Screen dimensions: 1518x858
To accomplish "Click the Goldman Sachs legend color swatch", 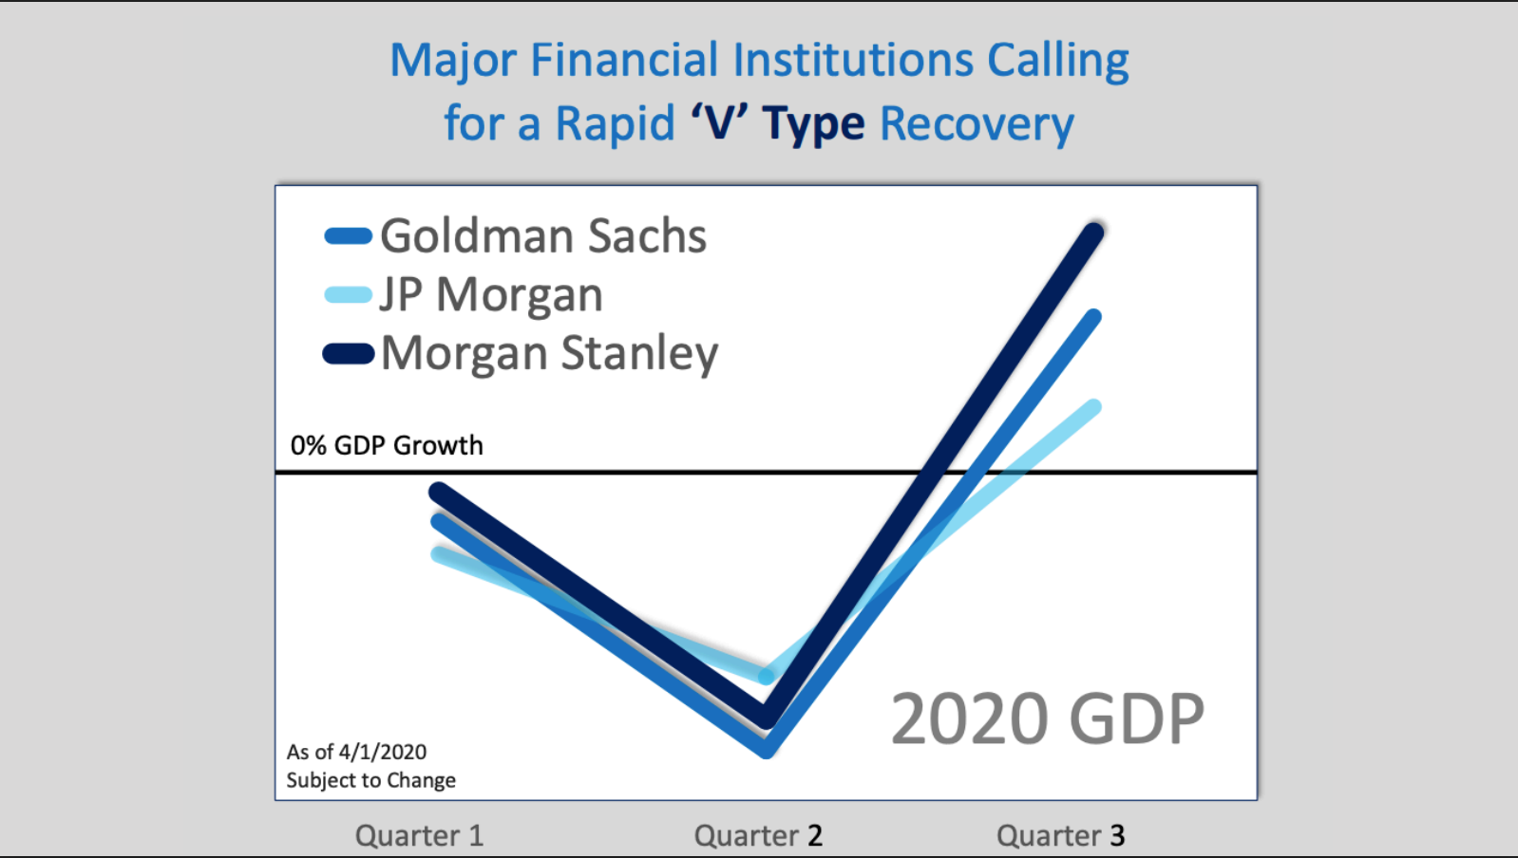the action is (349, 235).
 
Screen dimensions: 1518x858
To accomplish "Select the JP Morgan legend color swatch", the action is (349, 294).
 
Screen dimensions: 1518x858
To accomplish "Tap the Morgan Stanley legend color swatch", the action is (349, 353).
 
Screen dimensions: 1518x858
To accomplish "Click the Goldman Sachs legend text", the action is (543, 235).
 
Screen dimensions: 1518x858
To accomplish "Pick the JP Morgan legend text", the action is (491, 295).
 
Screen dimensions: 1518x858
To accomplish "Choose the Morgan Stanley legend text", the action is (550, 353).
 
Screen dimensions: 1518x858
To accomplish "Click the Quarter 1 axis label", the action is (420, 835).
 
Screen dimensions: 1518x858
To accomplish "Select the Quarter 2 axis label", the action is (758, 835).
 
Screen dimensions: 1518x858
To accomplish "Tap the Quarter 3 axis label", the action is (1060, 835).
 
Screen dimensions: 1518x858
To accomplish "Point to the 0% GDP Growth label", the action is (387, 445).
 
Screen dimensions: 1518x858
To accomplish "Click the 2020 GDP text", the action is (1048, 718).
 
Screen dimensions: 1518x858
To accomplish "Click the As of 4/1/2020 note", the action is (356, 752).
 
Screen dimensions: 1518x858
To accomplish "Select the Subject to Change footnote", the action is (370, 780).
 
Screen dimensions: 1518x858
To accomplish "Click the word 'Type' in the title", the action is (813, 124).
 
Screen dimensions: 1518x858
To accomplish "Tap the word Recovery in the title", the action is (977, 124).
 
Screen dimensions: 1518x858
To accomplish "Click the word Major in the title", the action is (453, 61).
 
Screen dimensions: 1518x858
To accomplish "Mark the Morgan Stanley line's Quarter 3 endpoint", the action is (1093, 233).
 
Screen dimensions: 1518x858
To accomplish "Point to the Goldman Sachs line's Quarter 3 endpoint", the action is (1092, 317).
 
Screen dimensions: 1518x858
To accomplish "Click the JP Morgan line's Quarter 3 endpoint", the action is (1093, 407).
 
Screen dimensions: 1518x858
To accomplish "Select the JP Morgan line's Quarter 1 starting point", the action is (439, 554).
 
